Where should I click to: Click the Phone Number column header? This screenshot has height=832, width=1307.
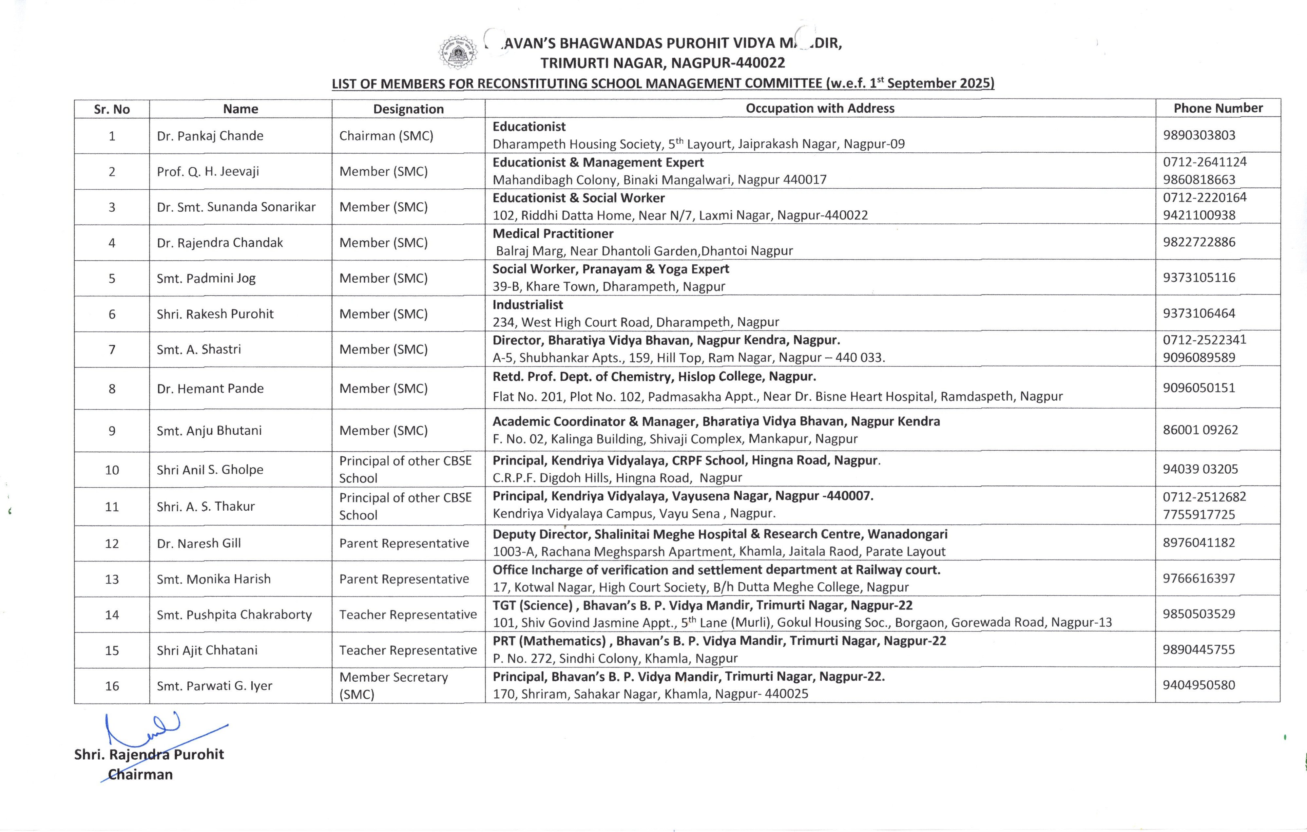[x=1218, y=108]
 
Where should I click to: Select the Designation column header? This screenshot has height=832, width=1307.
[x=408, y=109]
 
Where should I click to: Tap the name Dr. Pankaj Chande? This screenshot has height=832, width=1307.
[x=210, y=136]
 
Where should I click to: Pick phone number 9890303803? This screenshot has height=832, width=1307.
[x=1199, y=135]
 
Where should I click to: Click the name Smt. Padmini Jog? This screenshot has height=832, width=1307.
[x=206, y=278]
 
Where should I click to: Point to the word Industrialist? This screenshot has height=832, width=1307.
[x=528, y=305]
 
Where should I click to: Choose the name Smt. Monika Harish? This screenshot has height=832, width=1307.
[x=213, y=579]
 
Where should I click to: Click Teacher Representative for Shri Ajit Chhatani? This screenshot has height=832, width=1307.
[x=408, y=650]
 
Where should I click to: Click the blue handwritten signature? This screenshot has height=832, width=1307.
[x=146, y=730]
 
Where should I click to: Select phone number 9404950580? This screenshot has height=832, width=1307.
[x=1199, y=685]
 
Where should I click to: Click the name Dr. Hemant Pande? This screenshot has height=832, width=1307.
[x=210, y=388]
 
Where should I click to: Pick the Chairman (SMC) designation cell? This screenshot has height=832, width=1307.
[x=386, y=136]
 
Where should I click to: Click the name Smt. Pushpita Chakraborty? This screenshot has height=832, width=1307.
[x=234, y=615]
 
